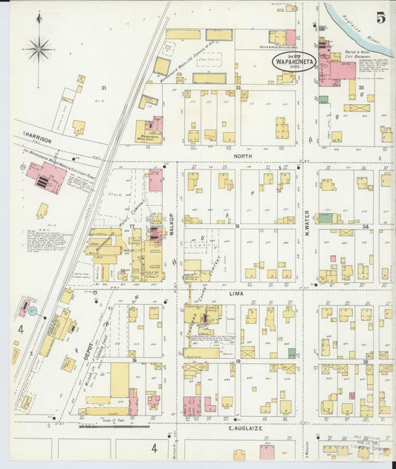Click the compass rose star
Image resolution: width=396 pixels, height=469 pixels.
click(x=38, y=50)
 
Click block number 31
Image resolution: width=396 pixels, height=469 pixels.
click(x=104, y=88)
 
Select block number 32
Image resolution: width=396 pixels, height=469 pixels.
click(x=238, y=88)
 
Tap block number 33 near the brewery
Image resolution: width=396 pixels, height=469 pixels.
click(x=362, y=88)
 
